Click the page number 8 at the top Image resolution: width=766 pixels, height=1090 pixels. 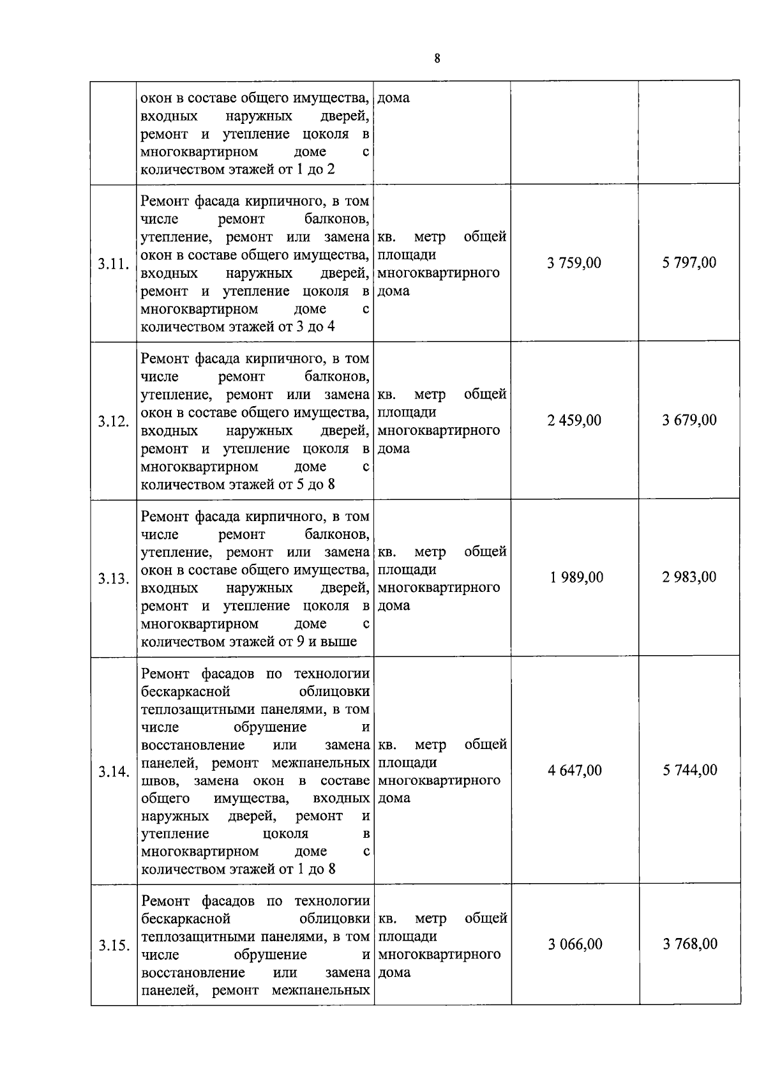437,59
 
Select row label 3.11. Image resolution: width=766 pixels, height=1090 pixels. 114,264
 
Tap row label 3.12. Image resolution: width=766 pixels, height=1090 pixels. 114,421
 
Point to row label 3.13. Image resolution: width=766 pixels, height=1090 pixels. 114,579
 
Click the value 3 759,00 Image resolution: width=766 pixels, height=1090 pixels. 574,263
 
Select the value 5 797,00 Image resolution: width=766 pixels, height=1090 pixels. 689,262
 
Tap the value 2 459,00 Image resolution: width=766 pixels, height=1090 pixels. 574,420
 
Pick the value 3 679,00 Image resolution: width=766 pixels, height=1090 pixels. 689,420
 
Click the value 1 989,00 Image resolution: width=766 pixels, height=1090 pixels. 576,577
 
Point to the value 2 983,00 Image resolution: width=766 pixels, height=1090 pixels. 689,577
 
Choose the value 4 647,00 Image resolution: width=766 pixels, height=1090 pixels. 574,770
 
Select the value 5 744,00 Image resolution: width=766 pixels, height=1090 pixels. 689,770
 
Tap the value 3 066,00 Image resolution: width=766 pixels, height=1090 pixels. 574,944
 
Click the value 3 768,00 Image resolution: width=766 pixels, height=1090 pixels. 689,944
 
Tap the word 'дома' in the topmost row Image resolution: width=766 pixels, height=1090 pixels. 393,98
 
